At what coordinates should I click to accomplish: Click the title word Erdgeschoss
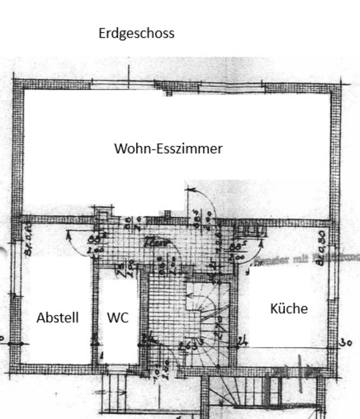tap(136, 33)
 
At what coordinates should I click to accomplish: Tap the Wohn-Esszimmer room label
tap(168, 148)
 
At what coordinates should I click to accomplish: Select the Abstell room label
tap(58, 317)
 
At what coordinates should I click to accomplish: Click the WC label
tap(118, 317)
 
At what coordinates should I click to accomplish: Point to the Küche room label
tap(289, 309)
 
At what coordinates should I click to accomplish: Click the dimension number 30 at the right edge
tap(346, 343)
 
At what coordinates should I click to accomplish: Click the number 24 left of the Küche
tap(243, 341)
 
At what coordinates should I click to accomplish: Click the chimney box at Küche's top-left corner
tap(249, 230)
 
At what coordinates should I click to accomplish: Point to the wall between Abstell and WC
tap(95, 314)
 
